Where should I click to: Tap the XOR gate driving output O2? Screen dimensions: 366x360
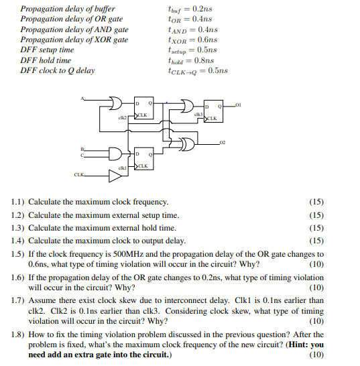click(x=189, y=143)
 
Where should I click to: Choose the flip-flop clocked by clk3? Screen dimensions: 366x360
click(x=213, y=111)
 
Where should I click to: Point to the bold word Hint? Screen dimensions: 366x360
click(x=300, y=345)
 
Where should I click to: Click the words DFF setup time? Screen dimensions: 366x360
click(x=47, y=50)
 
